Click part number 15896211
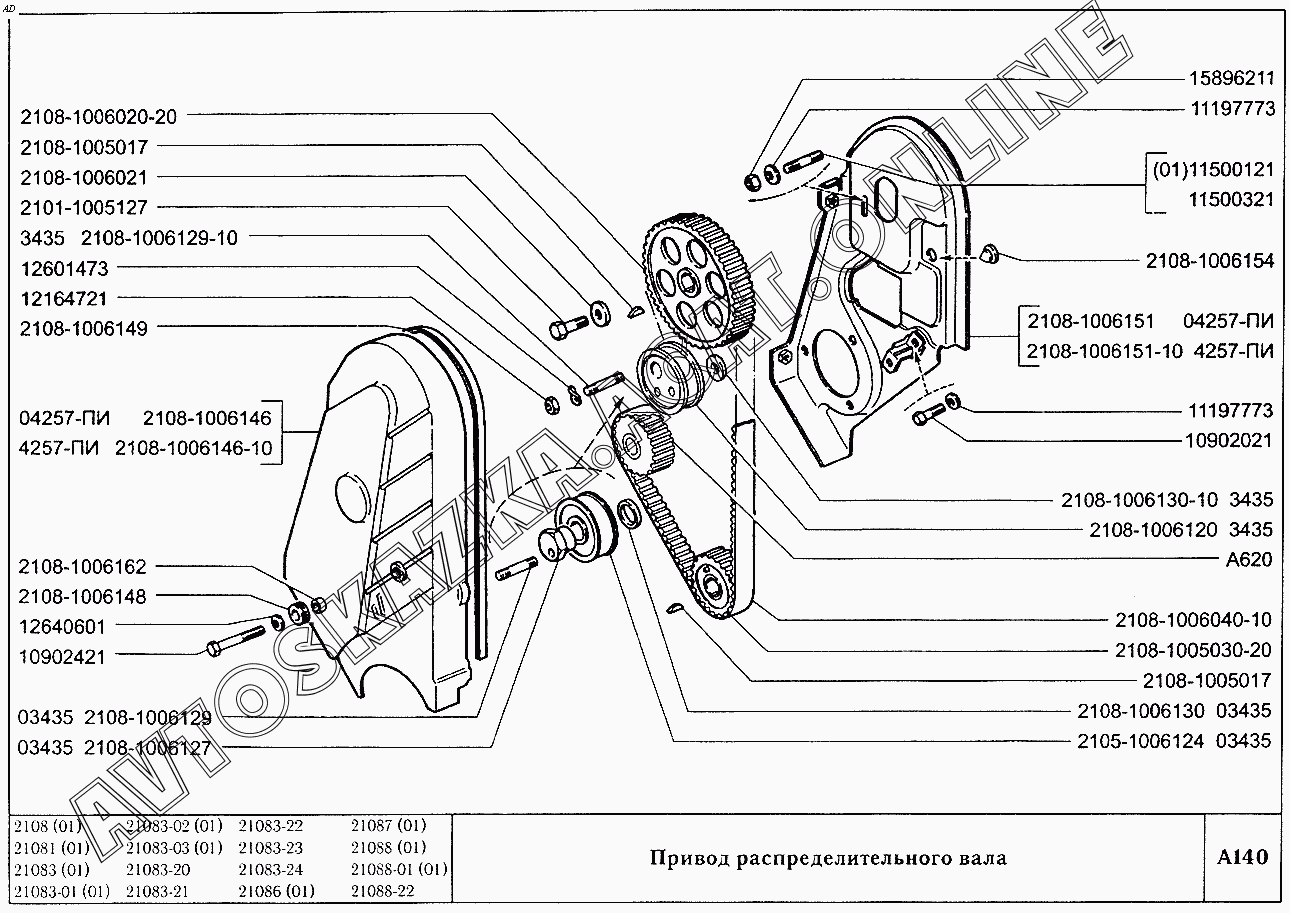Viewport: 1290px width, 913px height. click(1231, 78)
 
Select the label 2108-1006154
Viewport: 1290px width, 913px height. click(1210, 261)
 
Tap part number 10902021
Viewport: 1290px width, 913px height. click(1231, 439)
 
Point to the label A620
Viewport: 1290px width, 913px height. click(1249, 559)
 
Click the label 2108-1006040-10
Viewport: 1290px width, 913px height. click(1193, 620)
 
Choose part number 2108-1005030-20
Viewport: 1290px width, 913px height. click(1193, 650)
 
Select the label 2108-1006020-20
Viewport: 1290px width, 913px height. click(98, 116)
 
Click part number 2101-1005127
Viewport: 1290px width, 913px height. click(83, 207)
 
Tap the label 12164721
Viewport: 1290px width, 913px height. click(63, 298)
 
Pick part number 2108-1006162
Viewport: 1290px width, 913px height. click(83, 566)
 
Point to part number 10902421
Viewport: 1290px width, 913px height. click(62, 656)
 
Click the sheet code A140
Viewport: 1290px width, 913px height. click(1242, 858)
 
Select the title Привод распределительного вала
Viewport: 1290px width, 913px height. click(828, 858)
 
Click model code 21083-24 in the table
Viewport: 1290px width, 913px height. click(270, 869)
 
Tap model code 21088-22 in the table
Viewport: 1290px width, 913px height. click(382, 891)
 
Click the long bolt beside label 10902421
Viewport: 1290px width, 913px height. click(236, 639)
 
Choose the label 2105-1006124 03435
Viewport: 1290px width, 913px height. click(1173, 741)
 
